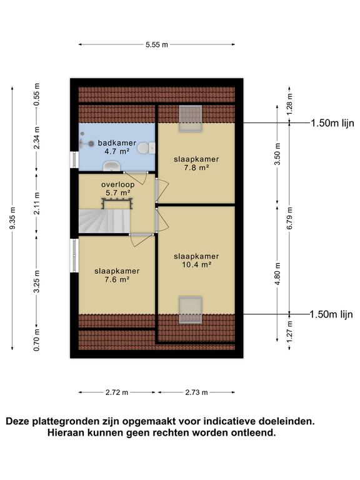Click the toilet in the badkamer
pos(146,148)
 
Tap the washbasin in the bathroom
pos(111,166)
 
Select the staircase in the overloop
pos(105,221)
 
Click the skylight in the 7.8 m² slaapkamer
pos(191,119)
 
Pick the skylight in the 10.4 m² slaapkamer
pos(191,310)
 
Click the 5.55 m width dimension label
pos(157,45)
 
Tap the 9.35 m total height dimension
pos(12,218)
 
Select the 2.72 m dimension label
pos(117,392)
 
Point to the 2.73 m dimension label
pos(196,392)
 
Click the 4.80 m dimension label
pos(277,274)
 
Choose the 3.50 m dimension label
pos(277,154)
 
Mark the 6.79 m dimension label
pos(289,218)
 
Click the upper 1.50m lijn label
pos(332,123)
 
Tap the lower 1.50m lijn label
pos(331,314)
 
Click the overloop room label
pos(118,184)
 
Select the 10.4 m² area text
pos(196,264)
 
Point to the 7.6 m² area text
pos(117,279)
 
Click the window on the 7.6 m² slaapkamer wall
pos(74,256)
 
